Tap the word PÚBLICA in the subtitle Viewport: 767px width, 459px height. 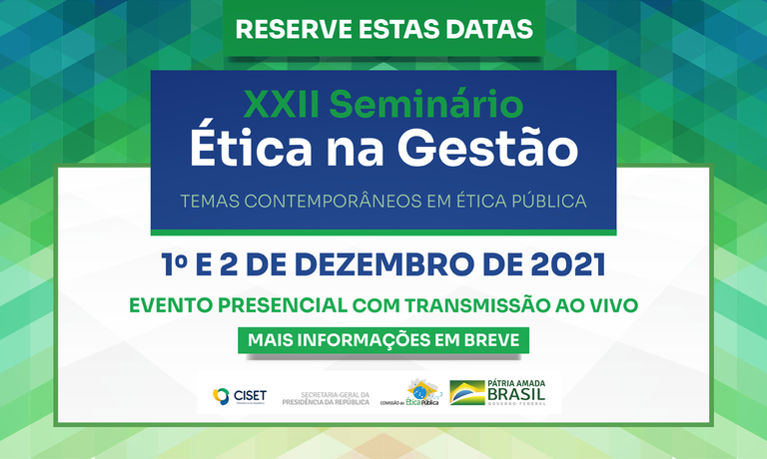point(547,202)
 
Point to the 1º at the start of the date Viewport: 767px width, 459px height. point(176,265)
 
